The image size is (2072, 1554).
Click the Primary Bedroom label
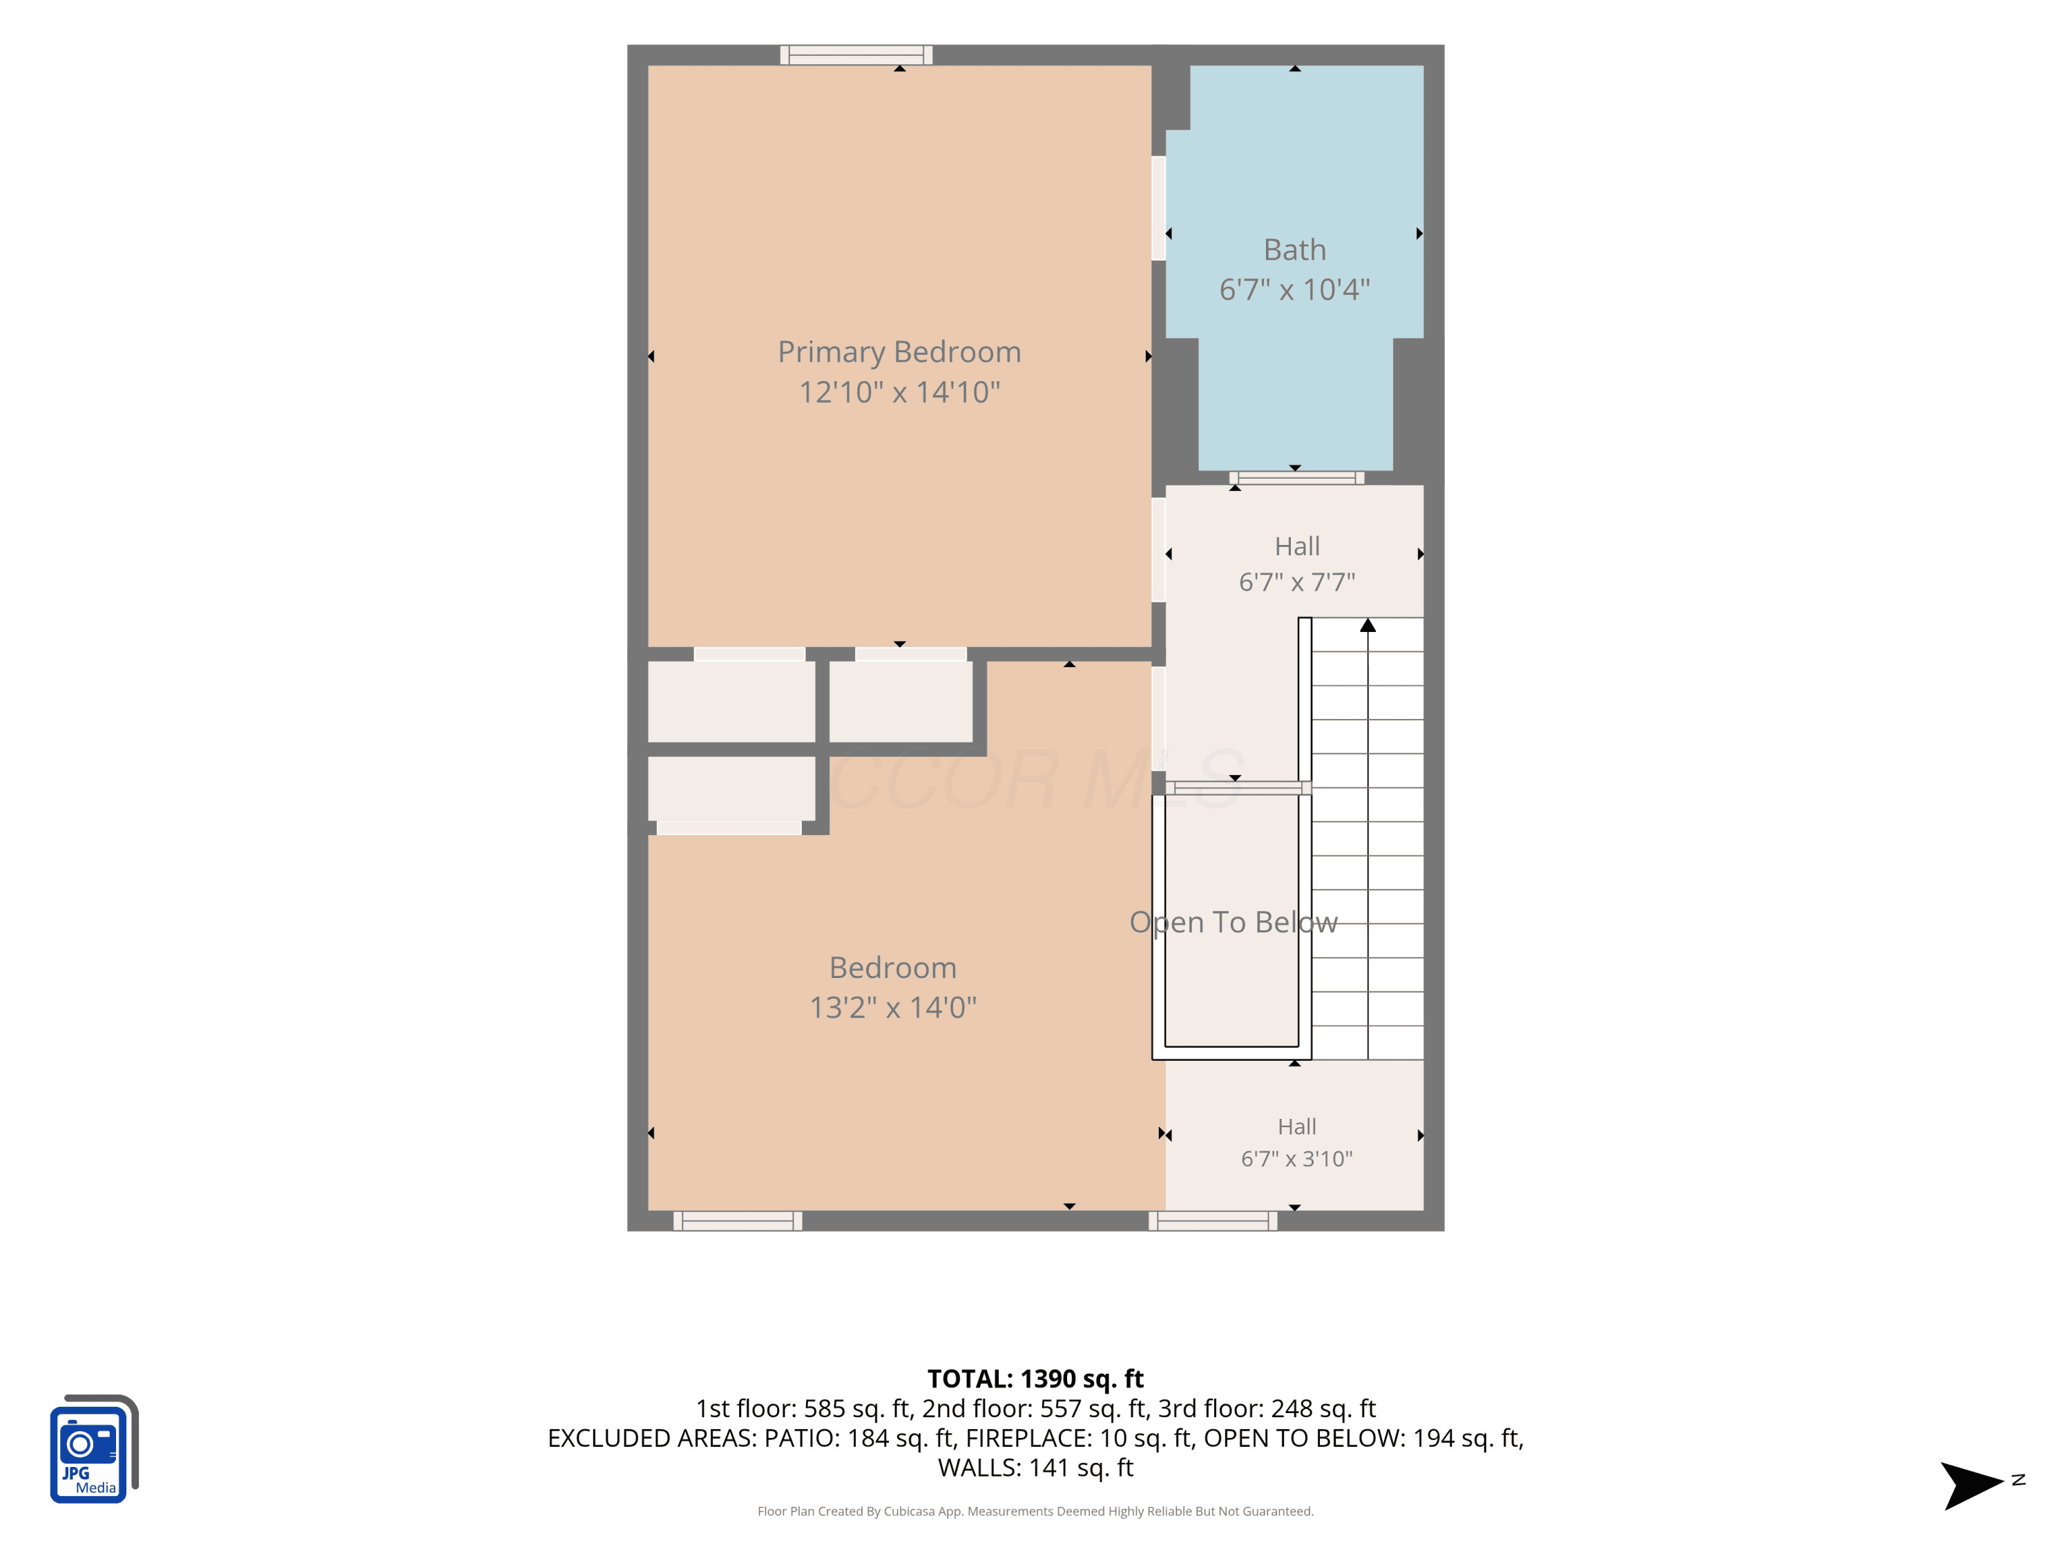coord(899,352)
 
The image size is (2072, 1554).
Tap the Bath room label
coord(1294,250)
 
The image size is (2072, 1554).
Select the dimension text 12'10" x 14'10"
coord(899,392)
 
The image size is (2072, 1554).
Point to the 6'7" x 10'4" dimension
coord(1294,289)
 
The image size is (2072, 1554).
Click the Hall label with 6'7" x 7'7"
coord(1297,546)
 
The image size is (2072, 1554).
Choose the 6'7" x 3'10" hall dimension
coord(1297,1159)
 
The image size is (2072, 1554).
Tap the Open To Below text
coord(1234,923)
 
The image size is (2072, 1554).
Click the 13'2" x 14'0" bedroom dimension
coord(892,1008)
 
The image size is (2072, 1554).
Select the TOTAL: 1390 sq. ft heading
coord(1035,1379)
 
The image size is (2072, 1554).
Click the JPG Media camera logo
coord(94,1448)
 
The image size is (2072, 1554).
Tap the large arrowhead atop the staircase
coord(1368,625)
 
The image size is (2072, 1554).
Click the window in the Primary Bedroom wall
coord(856,55)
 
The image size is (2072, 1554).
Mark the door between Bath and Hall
coord(1296,478)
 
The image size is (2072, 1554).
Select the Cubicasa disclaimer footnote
coord(1035,1511)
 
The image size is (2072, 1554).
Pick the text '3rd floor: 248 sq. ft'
coord(1267,1409)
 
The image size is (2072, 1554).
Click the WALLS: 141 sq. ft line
coord(1035,1468)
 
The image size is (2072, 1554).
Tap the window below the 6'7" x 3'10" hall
coord(1213,1220)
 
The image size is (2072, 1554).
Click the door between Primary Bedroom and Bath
coord(1159,208)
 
